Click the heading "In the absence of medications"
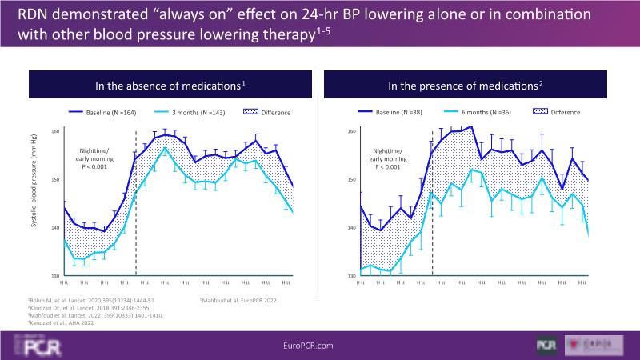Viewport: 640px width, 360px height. [169, 85]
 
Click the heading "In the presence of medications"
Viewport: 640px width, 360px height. [465, 85]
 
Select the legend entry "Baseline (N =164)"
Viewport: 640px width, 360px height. [118, 113]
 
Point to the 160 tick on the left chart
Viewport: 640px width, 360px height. [55, 131]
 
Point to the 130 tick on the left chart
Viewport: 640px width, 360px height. [55, 277]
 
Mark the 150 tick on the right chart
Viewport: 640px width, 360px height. [351, 180]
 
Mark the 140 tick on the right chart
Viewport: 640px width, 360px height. [351, 228]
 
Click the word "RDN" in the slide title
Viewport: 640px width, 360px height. [25, 17]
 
